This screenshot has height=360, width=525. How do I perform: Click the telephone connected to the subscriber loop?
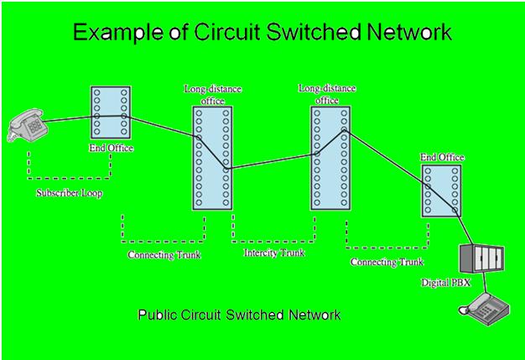(x=28, y=127)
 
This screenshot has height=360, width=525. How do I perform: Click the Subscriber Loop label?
(x=69, y=193)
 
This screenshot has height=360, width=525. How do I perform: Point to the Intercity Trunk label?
(x=273, y=252)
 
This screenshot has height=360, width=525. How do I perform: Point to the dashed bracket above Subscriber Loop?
(x=68, y=176)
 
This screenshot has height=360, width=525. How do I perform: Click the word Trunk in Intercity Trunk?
(x=291, y=252)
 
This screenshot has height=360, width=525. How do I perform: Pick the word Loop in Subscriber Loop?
(x=91, y=193)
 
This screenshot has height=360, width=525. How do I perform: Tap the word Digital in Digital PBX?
(x=435, y=283)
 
